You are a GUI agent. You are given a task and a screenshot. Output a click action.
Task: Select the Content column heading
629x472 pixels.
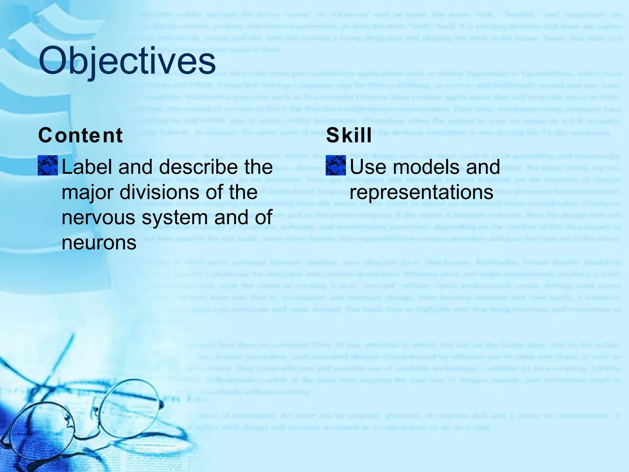80,136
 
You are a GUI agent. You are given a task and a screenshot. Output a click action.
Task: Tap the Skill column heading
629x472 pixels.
349,136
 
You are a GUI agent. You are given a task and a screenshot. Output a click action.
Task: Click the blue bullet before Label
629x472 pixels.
48,165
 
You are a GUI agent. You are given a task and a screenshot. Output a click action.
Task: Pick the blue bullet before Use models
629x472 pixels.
336,165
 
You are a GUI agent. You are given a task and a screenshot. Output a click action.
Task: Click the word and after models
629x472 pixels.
483,167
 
